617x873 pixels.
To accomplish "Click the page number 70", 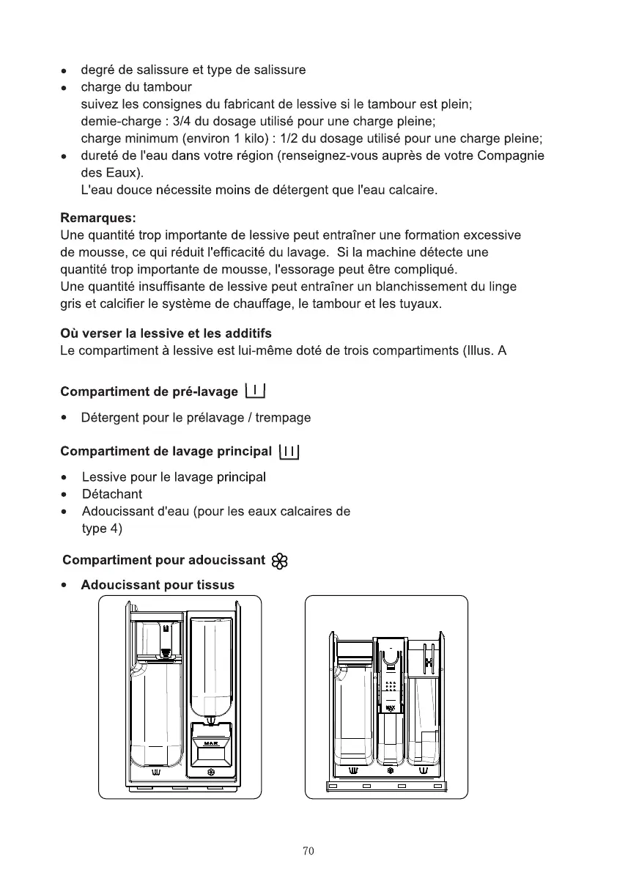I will coord(308,851).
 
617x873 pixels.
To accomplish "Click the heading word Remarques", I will coord(97,218).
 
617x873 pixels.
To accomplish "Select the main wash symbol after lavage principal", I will coord(290,451).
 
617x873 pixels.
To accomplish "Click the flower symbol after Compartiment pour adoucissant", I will coord(279,561).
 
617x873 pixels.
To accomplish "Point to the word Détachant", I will coord(112,494).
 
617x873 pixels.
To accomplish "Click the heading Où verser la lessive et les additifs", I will coord(166,334).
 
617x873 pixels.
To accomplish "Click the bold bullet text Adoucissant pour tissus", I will coord(158,585).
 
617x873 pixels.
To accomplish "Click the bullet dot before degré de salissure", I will coord(65,72).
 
